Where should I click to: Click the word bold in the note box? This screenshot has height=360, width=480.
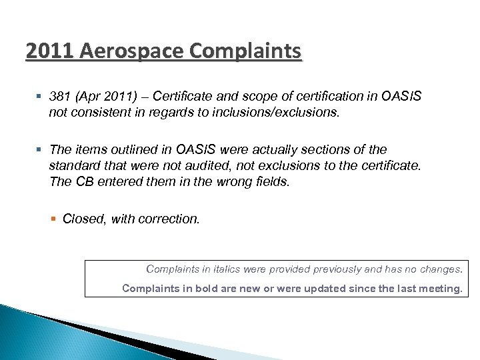235,289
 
